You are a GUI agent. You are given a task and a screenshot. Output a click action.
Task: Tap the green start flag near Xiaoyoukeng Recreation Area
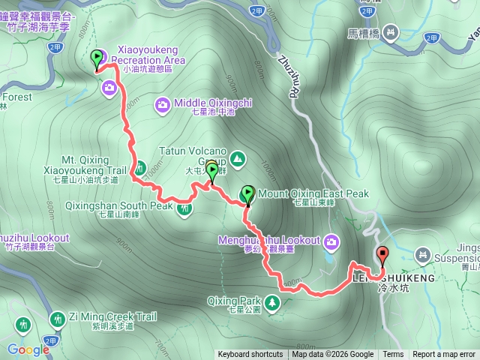tap(97, 58)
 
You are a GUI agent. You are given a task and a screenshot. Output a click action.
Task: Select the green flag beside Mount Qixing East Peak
tap(247, 194)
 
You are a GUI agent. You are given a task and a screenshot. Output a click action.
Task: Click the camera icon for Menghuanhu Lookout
tap(331, 241)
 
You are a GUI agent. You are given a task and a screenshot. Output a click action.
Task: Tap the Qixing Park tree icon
tap(273, 302)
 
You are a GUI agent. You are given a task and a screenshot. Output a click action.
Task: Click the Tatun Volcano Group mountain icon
tap(237, 158)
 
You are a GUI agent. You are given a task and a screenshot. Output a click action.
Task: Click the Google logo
tap(28, 349)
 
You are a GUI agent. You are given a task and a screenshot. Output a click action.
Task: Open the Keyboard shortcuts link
tap(250, 355)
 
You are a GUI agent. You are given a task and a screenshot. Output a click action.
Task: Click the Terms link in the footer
tap(393, 355)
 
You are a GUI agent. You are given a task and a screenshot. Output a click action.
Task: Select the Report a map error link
tap(445, 355)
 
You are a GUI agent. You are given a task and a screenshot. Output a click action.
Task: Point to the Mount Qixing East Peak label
tap(313, 194)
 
